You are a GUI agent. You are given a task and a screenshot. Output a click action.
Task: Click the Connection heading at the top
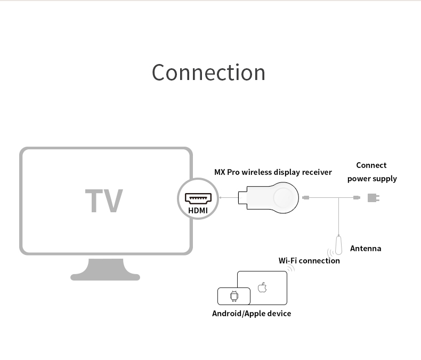click(x=208, y=73)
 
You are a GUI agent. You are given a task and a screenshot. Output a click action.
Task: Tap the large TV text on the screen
click(x=104, y=201)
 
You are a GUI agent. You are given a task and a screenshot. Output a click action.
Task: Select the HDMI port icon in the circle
click(x=198, y=198)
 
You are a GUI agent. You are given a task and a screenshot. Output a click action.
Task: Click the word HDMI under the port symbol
click(x=198, y=210)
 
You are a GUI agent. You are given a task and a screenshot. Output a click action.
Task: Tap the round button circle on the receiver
click(x=285, y=198)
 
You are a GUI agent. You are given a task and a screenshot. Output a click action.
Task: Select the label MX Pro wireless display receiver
click(x=273, y=172)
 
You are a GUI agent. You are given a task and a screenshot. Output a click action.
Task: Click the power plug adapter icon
click(x=374, y=198)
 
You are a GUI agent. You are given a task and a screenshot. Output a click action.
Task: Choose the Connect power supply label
click(x=372, y=172)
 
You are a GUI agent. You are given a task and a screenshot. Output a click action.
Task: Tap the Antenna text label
click(x=366, y=249)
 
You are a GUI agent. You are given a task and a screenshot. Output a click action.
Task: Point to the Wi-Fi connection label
click(x=309, y=261)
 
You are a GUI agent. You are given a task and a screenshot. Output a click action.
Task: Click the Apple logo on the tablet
click(x=262, y=288)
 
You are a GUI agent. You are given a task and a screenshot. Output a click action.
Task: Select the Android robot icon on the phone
click(x=233, y=296)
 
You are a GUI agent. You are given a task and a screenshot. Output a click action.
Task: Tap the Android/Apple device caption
click(x=252, y=314)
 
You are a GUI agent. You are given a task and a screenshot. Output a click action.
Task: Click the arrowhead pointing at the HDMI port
click(x=220, y=198)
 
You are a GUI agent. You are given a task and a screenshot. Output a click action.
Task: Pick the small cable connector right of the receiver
click(x=305, y=198)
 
